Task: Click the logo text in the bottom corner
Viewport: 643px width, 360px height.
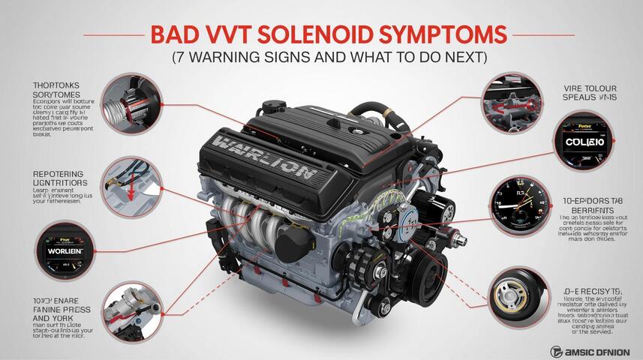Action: [x=591, y=349]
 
